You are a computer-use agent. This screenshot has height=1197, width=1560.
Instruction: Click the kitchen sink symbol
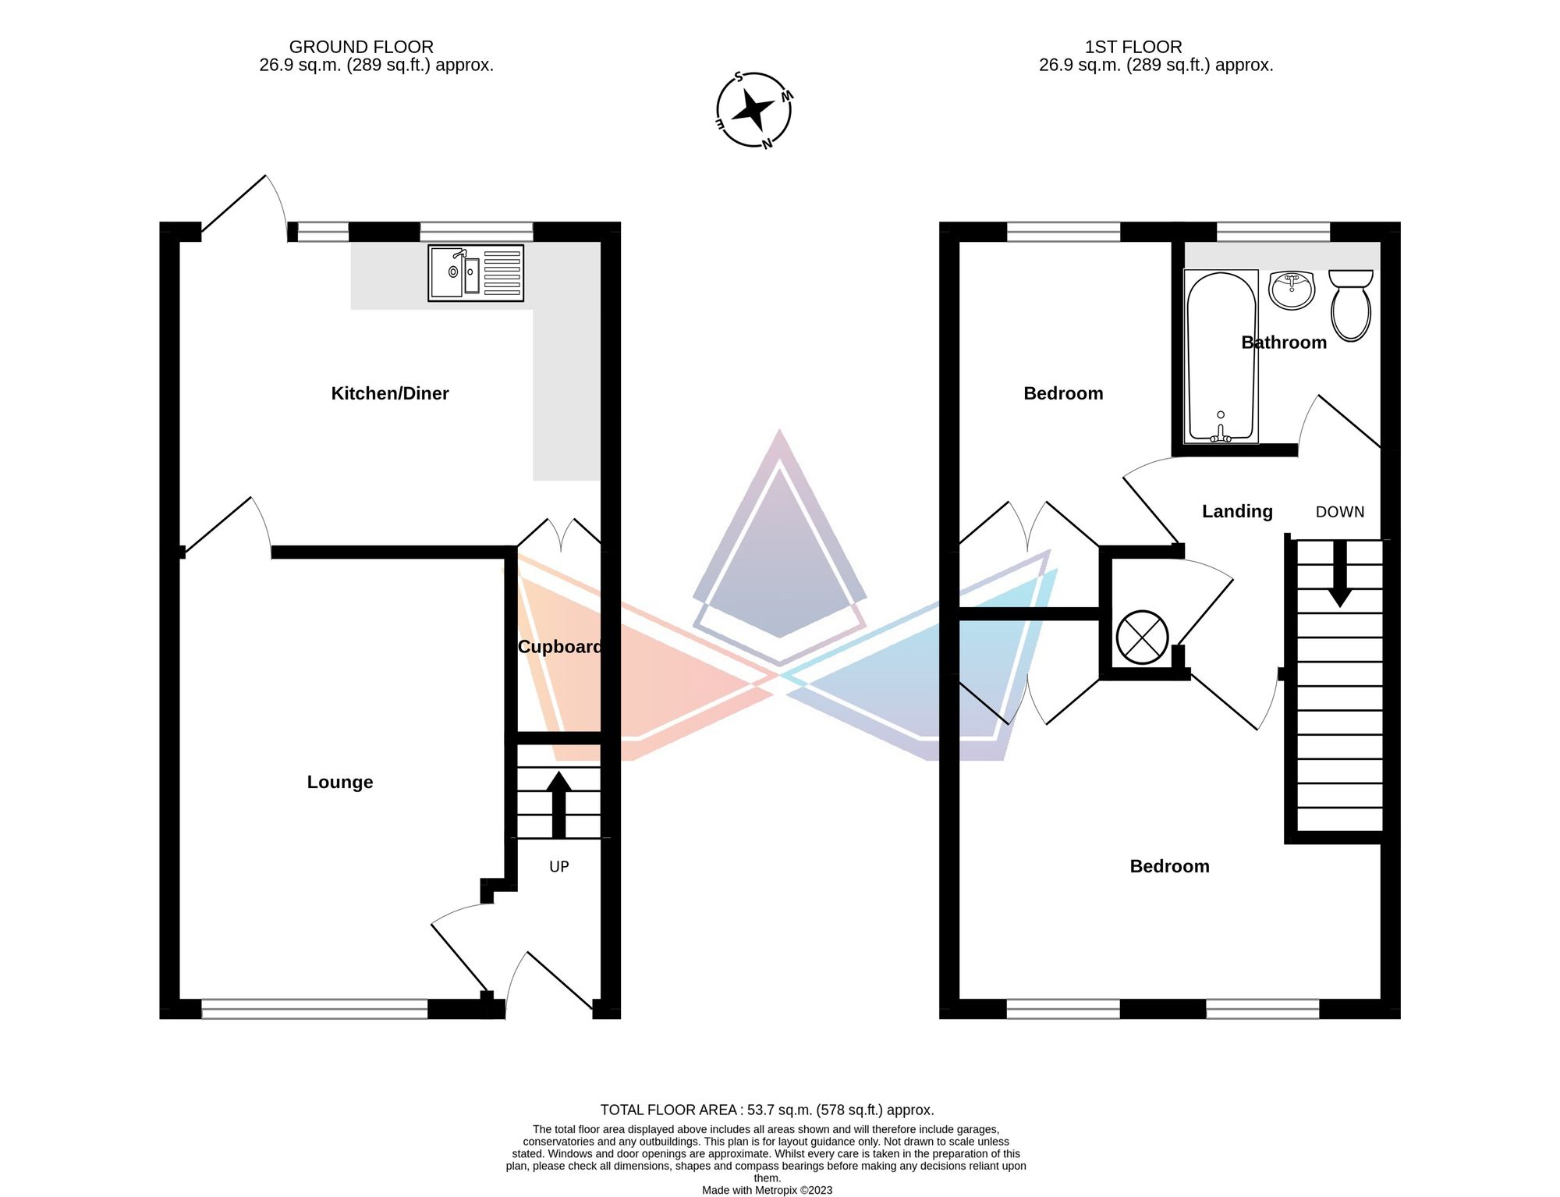[x=475, y=273]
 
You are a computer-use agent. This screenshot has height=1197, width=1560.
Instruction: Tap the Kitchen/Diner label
[x=389, y=393]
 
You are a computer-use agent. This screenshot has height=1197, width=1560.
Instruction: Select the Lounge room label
[x=339, y=782]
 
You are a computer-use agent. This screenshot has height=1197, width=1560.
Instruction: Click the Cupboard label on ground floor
[x=559, y=647]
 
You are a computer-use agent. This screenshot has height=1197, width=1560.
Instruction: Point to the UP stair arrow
[x=558, y=804]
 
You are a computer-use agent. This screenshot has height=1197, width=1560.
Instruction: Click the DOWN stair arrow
[x=1340, y=574]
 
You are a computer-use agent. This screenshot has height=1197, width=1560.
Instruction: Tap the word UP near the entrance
[x=558, y=867]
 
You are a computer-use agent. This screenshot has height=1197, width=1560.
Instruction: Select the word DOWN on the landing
[x=1339, y=512]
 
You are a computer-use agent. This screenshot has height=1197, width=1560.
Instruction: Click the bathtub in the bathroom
[x=1221, y=357]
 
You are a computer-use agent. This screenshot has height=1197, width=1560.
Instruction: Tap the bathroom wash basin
[x=1292, y=289]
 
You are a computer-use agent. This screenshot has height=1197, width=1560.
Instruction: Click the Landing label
[x=1236, y=511]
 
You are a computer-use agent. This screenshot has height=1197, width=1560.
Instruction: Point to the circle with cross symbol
[x=1142, y=637]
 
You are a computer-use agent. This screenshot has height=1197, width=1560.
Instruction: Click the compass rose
[x=753, y=110]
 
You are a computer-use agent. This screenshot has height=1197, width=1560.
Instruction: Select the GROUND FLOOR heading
[x=361, y=47]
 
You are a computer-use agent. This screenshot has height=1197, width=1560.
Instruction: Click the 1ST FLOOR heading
[x=1133, y=47]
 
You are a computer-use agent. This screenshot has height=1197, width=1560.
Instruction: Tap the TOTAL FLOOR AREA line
[x=767, y=1110]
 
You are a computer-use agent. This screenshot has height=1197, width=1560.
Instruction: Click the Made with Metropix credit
[x=767, y=1190]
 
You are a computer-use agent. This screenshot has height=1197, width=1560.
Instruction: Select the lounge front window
[x=314, y=1009]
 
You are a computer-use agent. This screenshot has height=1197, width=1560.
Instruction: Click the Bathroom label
[x=1283, y=343]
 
